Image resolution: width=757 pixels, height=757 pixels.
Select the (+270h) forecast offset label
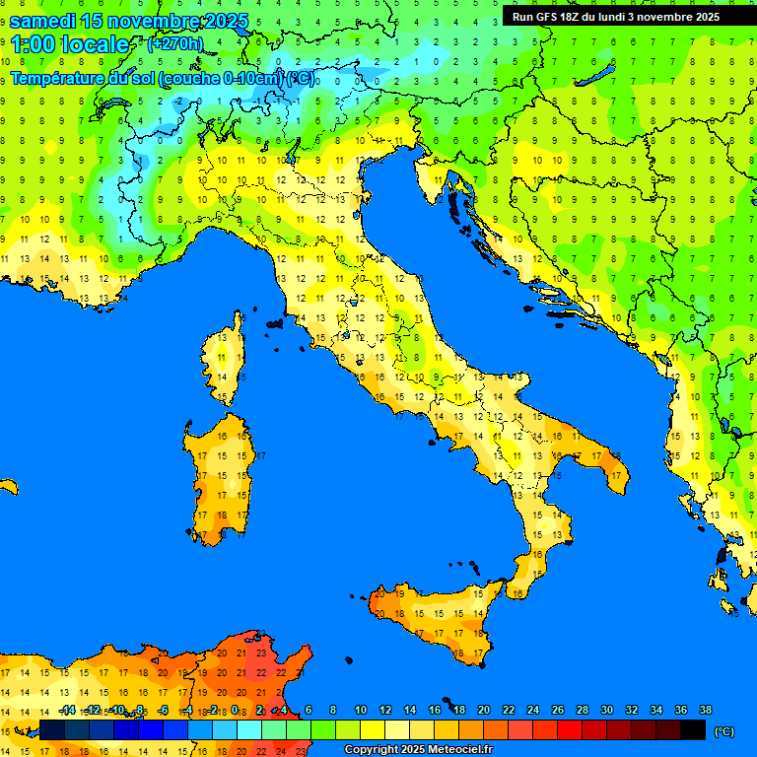(174, 43)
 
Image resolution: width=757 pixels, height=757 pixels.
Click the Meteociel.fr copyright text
(418, 750)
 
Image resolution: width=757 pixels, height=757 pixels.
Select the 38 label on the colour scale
(705, 710)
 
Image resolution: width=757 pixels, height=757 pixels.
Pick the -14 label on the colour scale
(67, 710)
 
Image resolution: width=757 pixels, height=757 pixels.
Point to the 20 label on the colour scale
(483, 710)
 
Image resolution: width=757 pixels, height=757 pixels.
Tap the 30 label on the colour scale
(606, 710)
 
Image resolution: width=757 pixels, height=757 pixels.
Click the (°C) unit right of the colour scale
(724, 731)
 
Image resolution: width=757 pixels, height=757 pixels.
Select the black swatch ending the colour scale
(693, 729)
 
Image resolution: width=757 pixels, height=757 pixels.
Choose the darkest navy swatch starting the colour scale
(51, 729)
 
